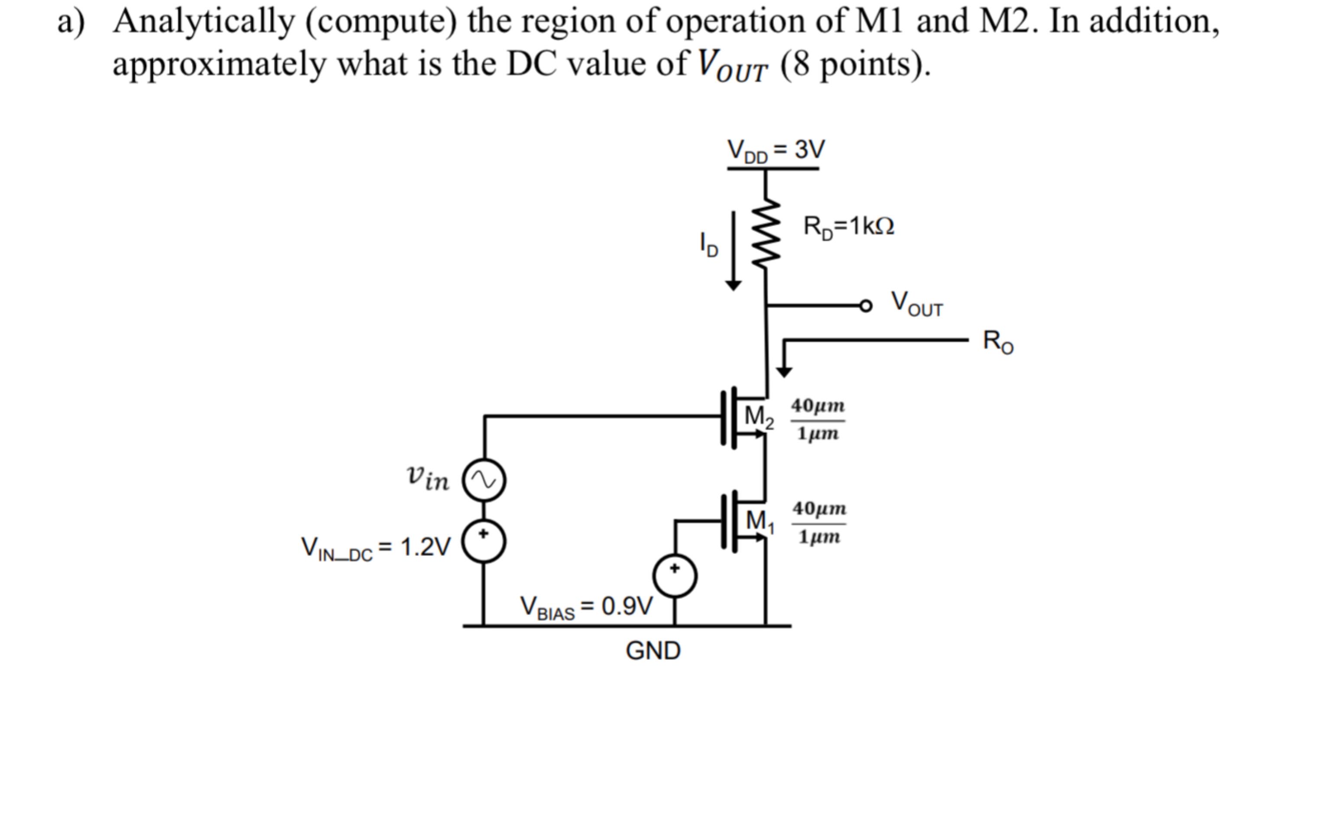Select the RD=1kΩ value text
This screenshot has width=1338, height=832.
848,226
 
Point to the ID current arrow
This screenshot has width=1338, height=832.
733,250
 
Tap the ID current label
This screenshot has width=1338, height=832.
708,245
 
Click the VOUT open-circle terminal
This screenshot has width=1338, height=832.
866,306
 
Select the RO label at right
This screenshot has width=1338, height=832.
998,342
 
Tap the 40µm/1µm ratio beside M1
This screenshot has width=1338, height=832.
819,523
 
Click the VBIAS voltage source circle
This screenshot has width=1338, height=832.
675,577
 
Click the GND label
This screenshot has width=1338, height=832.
653,651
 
